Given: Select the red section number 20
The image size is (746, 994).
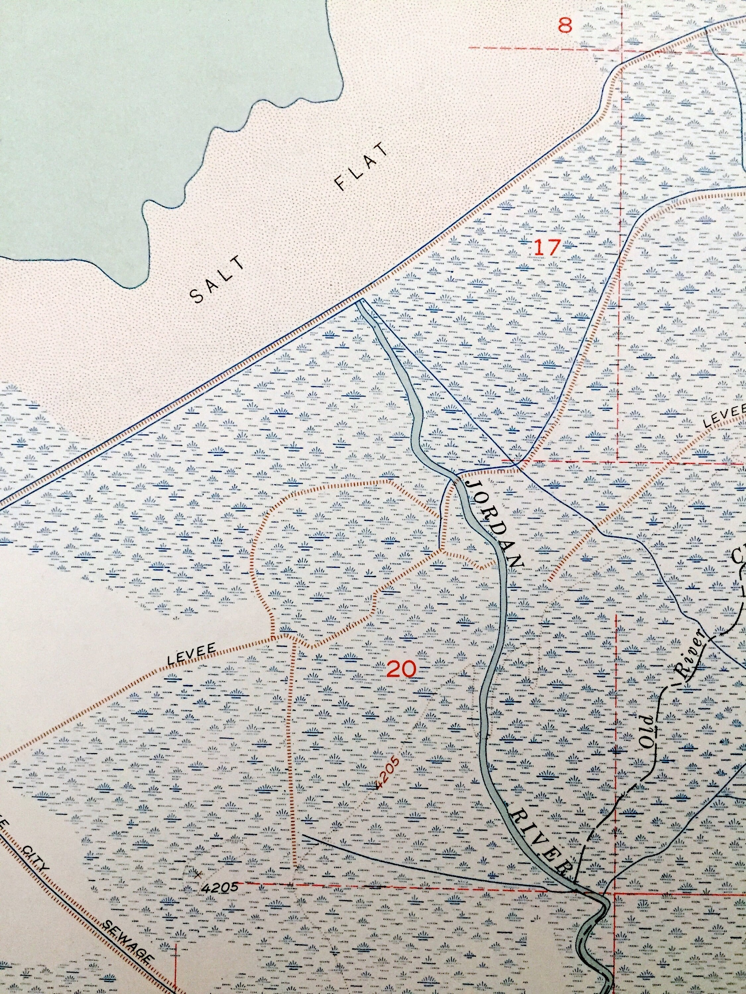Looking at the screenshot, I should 401,670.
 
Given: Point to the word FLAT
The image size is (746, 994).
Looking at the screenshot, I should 361,167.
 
